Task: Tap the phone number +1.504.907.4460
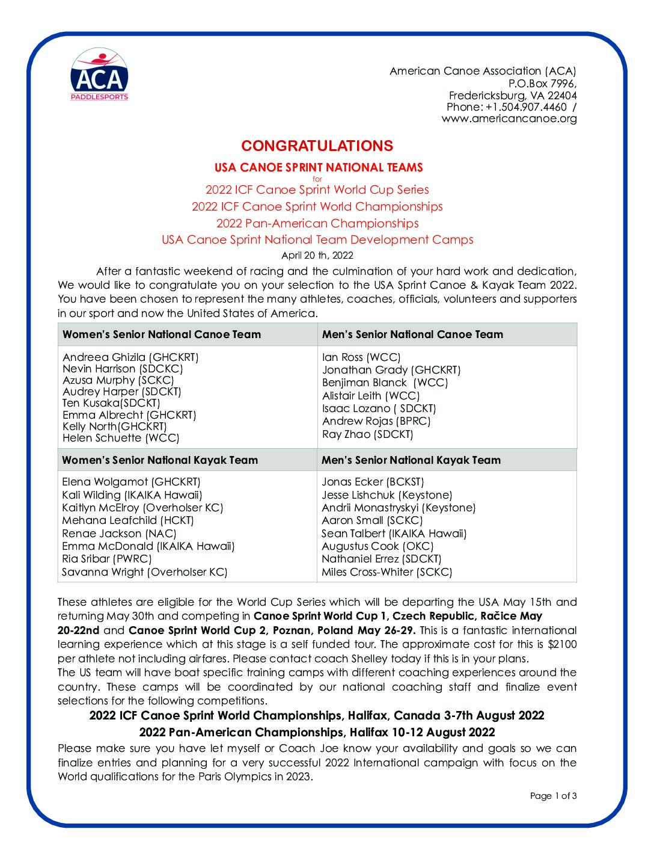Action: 526,107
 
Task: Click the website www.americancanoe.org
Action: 509,119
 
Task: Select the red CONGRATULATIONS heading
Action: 317,146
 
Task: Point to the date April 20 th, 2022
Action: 317,255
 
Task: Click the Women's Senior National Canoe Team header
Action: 162,334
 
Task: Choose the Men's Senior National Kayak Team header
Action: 411,460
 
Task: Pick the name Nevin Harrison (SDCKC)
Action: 123,369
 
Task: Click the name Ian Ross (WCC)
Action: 361,357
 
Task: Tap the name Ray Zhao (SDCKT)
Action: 368,434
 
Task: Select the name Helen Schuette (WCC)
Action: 121,438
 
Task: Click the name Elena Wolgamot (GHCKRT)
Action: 131,482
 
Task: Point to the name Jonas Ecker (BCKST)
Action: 373,482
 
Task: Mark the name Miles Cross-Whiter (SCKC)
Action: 387,572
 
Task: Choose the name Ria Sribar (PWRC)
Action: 107,559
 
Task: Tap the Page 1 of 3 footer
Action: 553,796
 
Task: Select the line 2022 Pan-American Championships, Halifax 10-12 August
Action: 317,732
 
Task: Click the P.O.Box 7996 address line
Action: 542,84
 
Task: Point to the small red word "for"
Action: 317,179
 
